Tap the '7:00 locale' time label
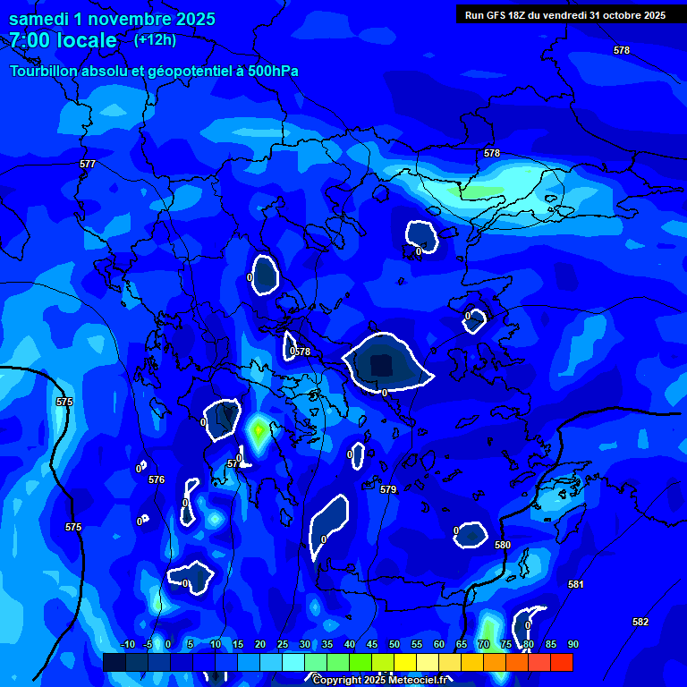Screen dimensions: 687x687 tap(63, 40)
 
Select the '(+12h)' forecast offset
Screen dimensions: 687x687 tap(155, 39)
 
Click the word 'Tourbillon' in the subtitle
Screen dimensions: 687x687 tap(46, 71)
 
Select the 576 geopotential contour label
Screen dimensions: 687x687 tap(157, 480)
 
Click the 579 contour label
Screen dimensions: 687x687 tap(388, 489)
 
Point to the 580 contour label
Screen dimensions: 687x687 tap(503, 545)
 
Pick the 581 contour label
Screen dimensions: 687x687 tap(576, 584)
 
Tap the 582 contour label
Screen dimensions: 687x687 tap(640, 622)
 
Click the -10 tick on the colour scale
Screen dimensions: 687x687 tap(128, 645)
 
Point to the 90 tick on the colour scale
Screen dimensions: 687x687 tap(572, 645)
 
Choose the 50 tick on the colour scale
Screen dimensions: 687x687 tap(394, 645)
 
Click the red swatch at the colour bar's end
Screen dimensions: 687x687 tap(561, 662)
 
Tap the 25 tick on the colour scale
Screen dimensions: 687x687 tap(283, 645)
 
